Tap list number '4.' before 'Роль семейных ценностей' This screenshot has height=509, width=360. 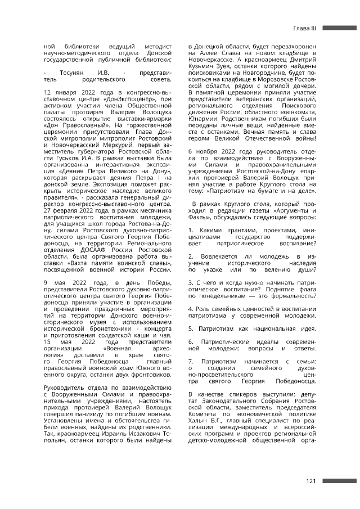tap(191, 308)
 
